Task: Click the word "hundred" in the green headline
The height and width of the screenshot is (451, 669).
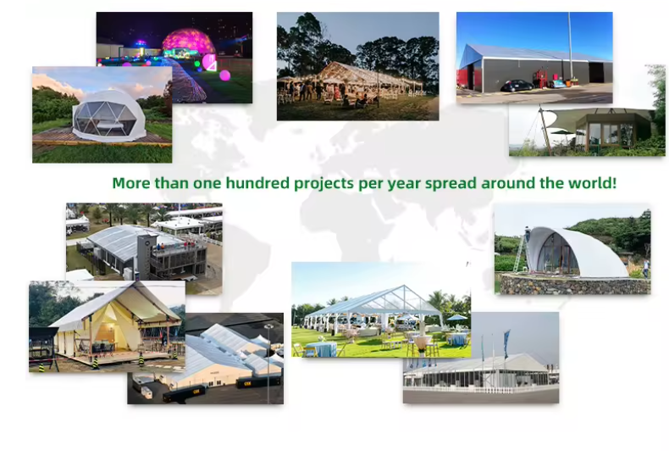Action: [257, 183]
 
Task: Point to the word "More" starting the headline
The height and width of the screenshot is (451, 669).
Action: [131, 183]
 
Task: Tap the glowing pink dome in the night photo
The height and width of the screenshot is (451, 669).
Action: [188, 42]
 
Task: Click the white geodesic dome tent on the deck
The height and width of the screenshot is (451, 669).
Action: [109, 115]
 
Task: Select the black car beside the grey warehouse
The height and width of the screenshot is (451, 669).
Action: [517, 86]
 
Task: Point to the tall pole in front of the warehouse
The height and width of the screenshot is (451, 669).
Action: [570, 47]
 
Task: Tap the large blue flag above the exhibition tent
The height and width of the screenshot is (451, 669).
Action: [506, 344]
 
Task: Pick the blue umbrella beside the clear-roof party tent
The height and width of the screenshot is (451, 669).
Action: [457, 318]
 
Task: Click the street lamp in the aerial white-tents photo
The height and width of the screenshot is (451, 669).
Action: [268, 363]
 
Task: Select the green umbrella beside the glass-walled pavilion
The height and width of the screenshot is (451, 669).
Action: [562, 132]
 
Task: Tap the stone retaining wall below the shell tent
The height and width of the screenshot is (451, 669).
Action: [575, 285]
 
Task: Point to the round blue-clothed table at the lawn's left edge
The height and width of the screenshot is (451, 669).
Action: [319, 349]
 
